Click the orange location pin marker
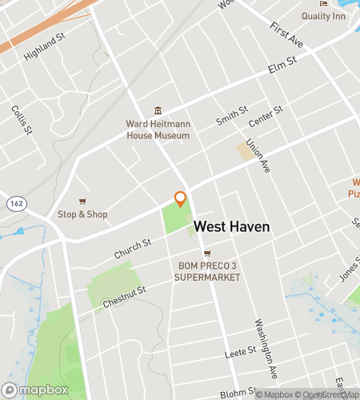(181, 199)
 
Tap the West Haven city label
(232, 227)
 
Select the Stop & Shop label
(82, 214)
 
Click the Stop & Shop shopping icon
(82, 202)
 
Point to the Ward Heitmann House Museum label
(158, 130)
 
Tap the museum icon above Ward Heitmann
(158, 110)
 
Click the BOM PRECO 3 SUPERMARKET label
(207, 272)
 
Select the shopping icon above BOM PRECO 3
(207, 254)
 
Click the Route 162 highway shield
(15, 204)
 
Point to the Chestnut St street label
(124, 298)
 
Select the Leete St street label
(239, 352)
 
